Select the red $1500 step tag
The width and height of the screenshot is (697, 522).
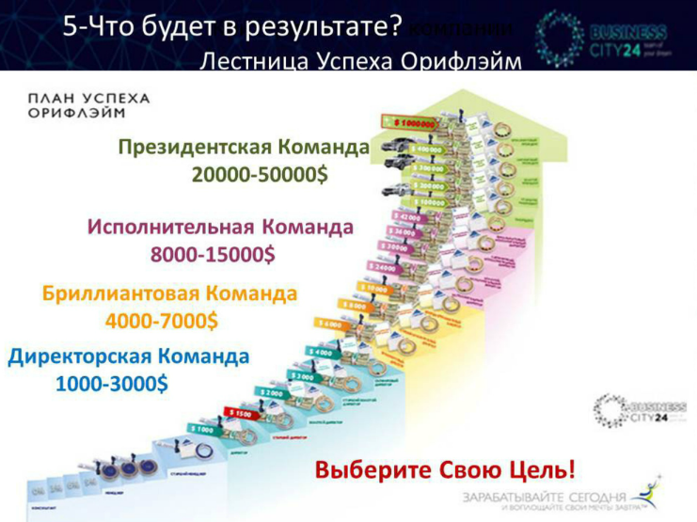239,412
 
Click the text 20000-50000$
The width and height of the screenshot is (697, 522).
260,175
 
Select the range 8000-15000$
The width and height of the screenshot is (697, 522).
213,254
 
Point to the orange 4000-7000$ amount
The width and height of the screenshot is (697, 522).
162,320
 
